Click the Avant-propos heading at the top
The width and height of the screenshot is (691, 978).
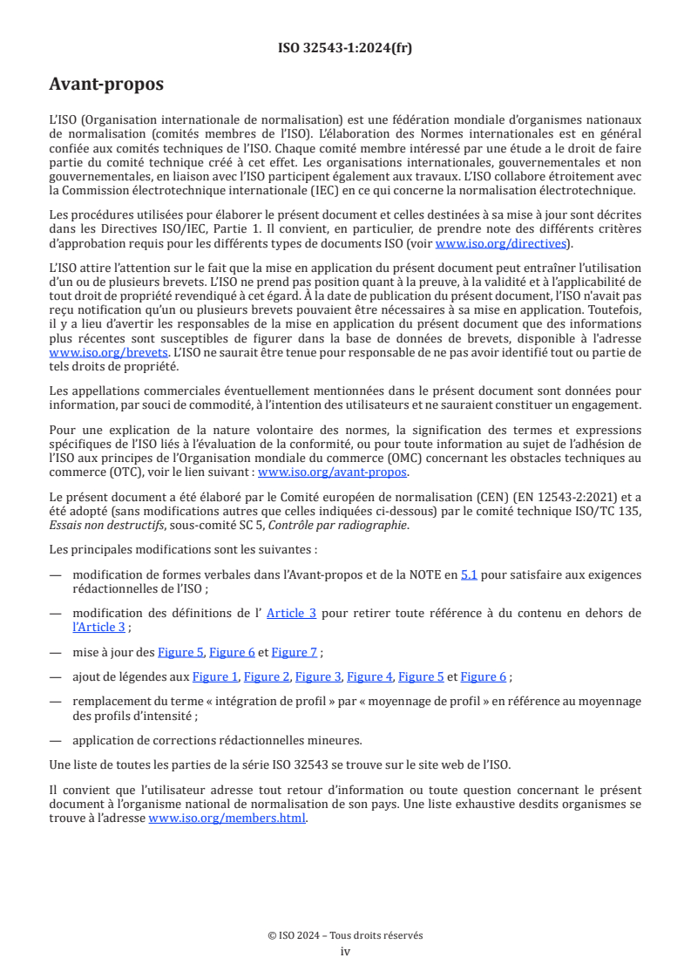pyautogui.click(x=105, y=85)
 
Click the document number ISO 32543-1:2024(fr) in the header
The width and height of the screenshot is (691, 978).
pyautogui.click(x=345, y=48)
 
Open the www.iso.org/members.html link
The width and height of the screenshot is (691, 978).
pyautogui.click(x=227, y=818)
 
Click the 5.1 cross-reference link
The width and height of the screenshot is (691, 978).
pyautogui.click(x=469, y=574)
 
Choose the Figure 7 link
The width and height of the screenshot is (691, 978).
pyautogui.click(x=295, y=652)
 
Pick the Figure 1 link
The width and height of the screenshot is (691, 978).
pyautogui.click(x=215, y=676)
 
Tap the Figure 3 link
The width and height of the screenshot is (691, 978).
pyautogui.click(x=318, y=676)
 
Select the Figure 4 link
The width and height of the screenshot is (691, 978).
pyautogui.click(x=369, y=676)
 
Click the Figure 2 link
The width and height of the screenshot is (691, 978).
pyautogui.click(x=267, y=676)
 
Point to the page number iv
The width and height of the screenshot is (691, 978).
pyautogui.click(x=345, y=951)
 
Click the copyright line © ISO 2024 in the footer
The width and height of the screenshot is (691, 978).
pyautogui.click(x=345, y=935)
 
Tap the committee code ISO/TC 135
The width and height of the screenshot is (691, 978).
pyautogui.click(x=607, y=511)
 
